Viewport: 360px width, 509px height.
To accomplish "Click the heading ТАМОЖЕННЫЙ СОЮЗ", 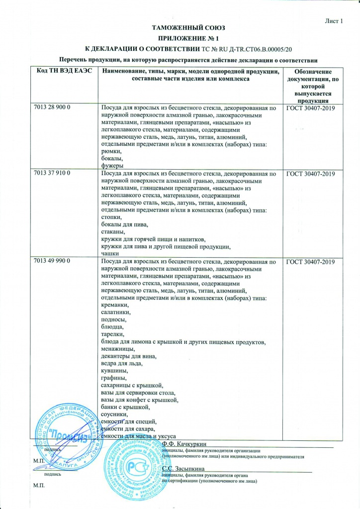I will (180, 29).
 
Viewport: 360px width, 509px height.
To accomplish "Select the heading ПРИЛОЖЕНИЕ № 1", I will (180, 38).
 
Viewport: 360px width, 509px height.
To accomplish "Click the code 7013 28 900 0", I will (53, 108).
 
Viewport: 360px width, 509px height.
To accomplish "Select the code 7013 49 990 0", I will (53, 261).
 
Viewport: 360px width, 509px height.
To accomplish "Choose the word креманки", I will (115, 305).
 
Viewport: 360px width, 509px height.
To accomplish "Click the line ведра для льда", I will (122, 364).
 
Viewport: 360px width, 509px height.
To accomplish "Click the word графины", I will (113, 378).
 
